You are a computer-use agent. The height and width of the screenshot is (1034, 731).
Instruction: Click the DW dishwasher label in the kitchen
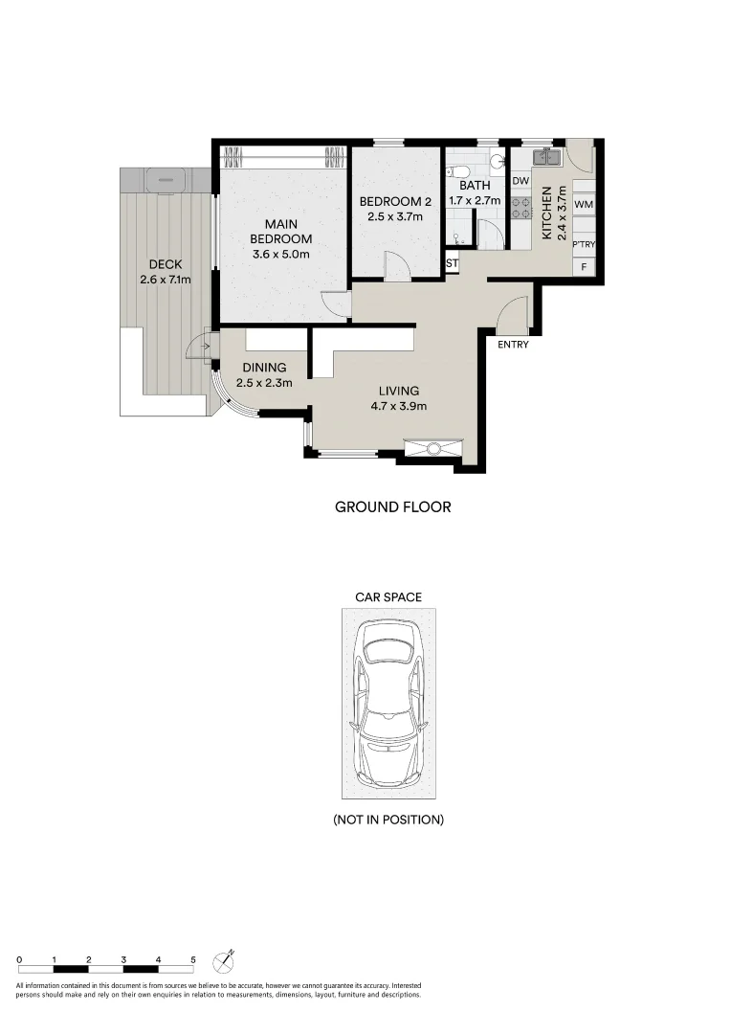point(521,181)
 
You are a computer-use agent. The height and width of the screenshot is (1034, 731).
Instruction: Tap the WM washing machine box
point(584,205)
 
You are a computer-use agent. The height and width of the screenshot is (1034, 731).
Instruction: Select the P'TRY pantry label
point(584,245)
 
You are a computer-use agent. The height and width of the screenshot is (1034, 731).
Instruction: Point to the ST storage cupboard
point(453,263)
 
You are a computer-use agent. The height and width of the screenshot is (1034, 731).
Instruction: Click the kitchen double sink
point(546,154)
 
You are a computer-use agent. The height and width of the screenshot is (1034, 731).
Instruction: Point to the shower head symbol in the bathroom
point(456,237)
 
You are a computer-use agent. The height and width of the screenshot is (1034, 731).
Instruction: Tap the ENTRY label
point(513,346)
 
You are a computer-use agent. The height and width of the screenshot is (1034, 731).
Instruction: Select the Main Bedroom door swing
point(335,303)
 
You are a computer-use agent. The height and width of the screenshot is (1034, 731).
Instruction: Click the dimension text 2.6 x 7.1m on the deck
point(166,281)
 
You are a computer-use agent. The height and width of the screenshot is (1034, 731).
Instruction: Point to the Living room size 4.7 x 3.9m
point(398,406)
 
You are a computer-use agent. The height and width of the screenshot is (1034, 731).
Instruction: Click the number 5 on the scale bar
point(193,958)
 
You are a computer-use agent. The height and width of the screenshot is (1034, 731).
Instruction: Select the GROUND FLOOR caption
point(392,506)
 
